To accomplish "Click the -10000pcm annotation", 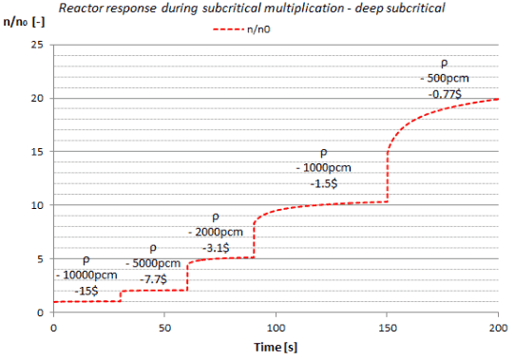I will coord(86,275).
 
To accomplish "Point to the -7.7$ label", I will coord(153,279).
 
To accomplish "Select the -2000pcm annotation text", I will coord(216,233).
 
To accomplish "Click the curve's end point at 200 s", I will coord(498,99).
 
